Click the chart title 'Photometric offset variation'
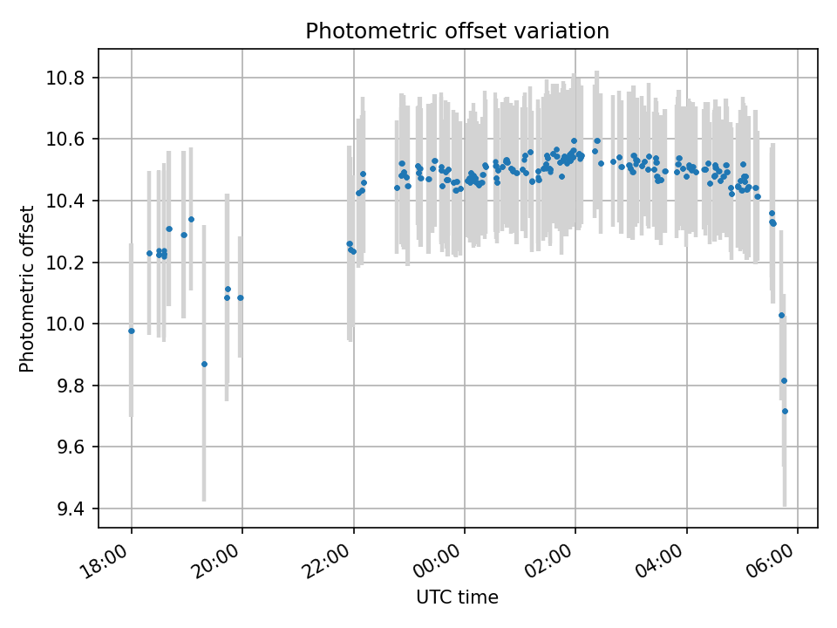point(457,31)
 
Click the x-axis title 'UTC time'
point(457,597)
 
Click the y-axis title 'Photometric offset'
point(27,289)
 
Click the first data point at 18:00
point(132,331)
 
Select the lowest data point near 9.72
point(785,411)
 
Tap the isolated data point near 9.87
point(204,364)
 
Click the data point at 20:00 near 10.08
point(241,297)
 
